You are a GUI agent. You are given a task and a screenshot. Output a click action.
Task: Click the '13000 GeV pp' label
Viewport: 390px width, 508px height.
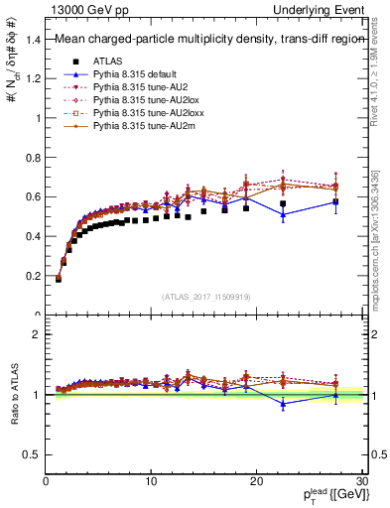[80, 9]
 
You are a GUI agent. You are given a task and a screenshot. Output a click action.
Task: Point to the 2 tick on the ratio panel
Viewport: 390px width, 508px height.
[38, 334]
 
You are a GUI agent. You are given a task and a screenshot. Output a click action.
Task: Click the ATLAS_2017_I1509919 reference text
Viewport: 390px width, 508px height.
[206, 296]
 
